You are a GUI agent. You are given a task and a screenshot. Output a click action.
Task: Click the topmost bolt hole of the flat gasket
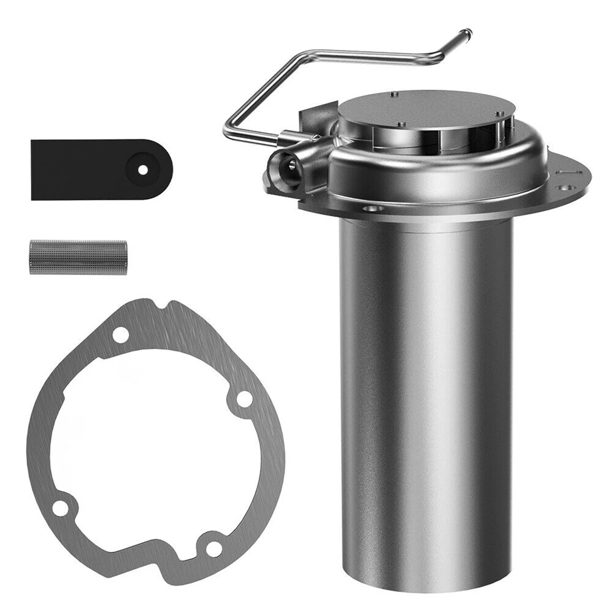coord(121,335)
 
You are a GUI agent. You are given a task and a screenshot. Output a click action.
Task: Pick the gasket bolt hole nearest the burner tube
coord(243,397)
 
